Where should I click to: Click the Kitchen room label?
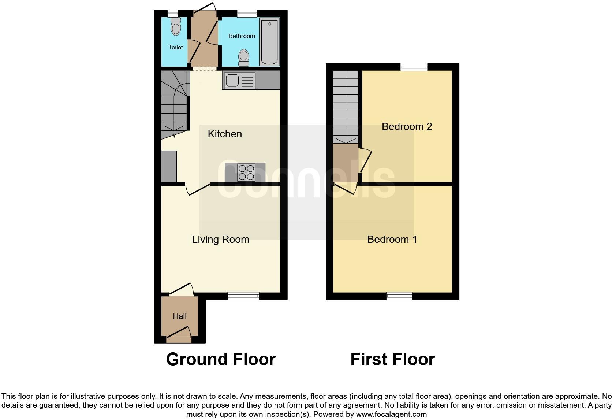(x=225, y=134)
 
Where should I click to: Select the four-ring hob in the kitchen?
(x=246, y=173)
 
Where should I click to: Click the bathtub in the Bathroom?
(x=269, y=42)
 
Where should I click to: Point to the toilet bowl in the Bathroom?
(x=244, y=58)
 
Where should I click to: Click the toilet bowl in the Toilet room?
(x=176, y=27)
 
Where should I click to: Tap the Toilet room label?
(x=176, y=47)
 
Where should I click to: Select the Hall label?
(x=180, y=316)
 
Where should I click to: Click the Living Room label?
(x=220, y=240)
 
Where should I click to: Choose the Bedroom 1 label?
(x=392, y=240)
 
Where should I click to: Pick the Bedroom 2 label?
(x=407, y=127)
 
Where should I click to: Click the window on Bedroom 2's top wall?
(x=414, y=67)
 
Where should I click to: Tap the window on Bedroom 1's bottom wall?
(x=399, y=296)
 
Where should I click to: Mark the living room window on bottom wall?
(x=243, y=296)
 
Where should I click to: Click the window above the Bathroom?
(x=247, y=14)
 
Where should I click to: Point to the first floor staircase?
(x=346, y=106)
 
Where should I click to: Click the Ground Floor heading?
(x=221, y=359)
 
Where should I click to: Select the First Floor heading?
(x=392, y=359)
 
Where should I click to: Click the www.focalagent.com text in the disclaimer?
(x=391, y=415)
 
